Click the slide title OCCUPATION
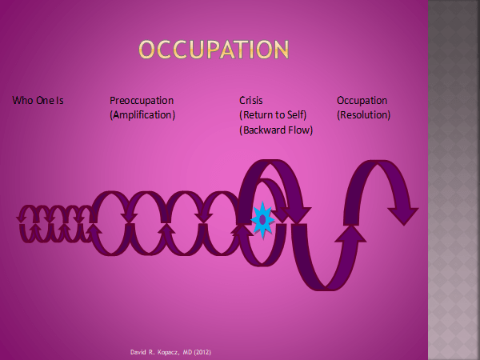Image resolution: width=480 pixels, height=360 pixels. [213, 50]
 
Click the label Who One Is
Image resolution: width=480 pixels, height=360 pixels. [38, 101]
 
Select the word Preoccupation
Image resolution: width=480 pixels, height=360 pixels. [142, 101]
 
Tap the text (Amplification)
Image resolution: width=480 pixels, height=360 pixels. [142, 115]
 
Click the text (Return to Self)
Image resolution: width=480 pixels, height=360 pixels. [274, 115]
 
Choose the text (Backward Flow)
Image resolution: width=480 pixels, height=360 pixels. [276, 130]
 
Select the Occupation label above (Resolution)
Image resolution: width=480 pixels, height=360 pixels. [362, 101]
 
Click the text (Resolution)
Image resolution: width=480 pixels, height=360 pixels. [364, 115]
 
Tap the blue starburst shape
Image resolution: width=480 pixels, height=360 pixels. [262, 218]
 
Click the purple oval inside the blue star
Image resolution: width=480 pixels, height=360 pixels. [262, 218]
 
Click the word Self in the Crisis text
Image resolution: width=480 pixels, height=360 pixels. [295, 115]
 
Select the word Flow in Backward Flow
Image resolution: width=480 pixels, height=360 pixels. [299, 130]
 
